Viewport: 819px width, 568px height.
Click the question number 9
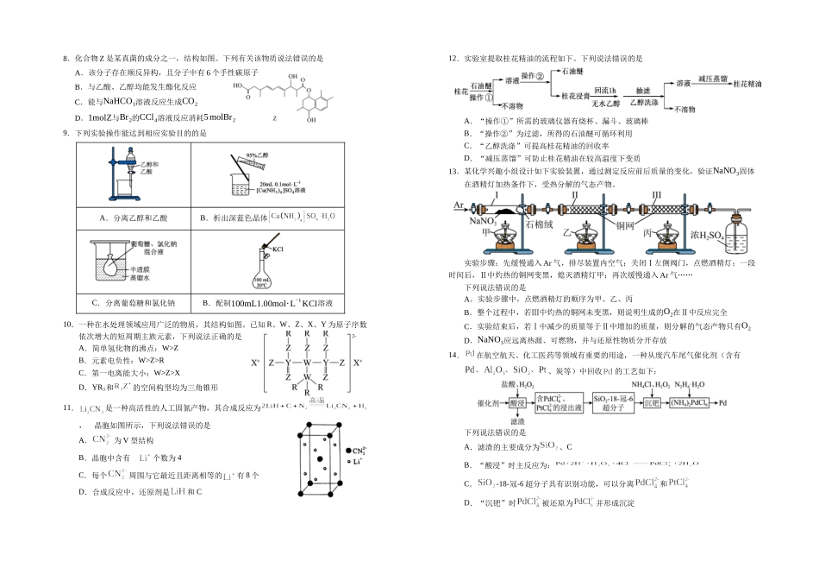pyautogui.click(x=66, y=133)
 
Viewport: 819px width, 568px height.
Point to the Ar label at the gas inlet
pyautogui.click(x=457, y=206)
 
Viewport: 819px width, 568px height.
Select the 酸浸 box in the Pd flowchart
pyautogui.click(x=516, y=403)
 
